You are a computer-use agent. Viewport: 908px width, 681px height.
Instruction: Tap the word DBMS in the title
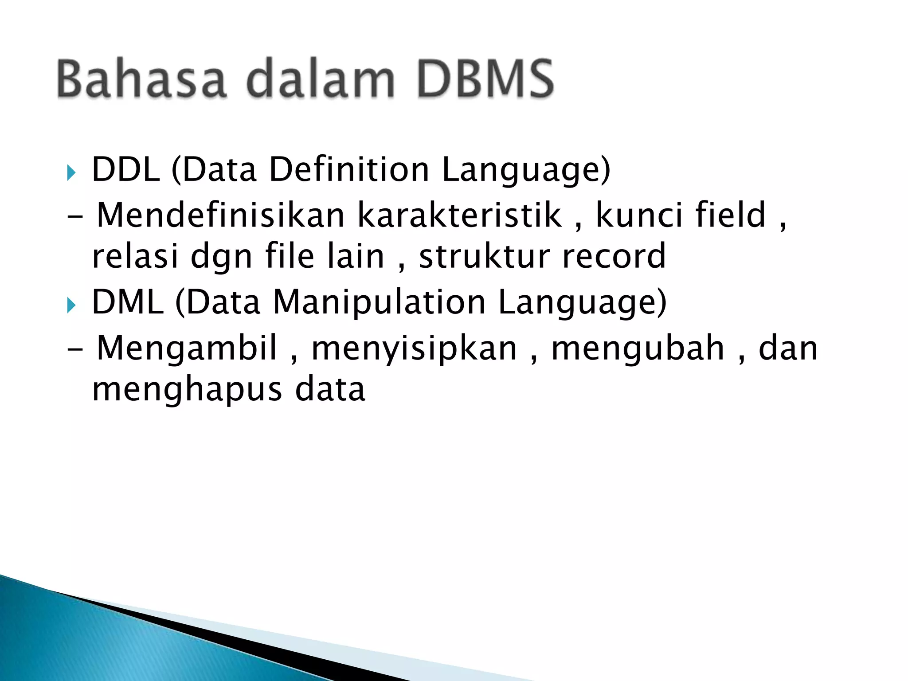[x=485, y=79]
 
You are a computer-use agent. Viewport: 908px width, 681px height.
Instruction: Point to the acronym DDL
[x=125, y=170]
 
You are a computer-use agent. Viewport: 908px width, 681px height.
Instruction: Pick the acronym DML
[x=128, y=303]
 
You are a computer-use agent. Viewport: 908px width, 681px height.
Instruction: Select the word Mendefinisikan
[x=221, y=215]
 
